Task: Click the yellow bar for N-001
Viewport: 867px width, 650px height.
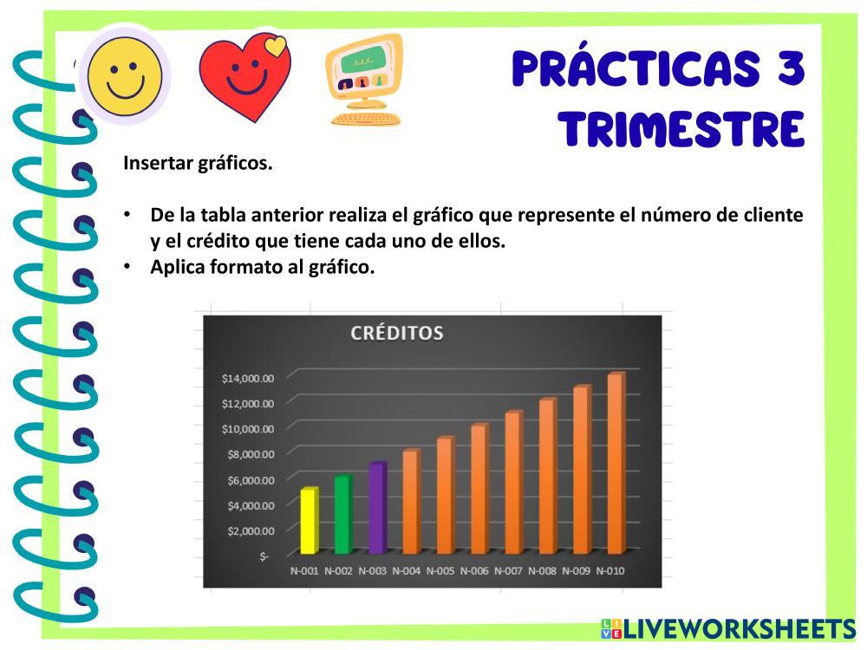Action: (310, 521)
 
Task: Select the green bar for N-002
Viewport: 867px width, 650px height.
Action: (342, 514)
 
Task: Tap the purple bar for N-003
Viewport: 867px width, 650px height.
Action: (377, 508)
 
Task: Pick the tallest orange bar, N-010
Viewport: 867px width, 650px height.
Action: (616, 463)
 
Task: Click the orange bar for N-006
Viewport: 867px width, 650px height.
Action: (479, 489)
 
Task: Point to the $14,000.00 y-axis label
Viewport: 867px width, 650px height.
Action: (248, 379)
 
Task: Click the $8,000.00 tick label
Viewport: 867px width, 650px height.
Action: (251, 454)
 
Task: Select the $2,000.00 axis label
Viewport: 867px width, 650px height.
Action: (251, 531)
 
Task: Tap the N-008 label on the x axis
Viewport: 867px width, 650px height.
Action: (542, 571)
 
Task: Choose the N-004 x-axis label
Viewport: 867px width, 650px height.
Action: (406, 571)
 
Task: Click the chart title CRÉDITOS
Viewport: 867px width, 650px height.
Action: (397, 333)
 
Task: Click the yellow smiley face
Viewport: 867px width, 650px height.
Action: (125, 75)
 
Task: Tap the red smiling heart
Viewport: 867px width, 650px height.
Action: (245, 77)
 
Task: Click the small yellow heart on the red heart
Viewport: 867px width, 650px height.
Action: (276, 45)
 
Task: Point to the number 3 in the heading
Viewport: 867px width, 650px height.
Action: (791, 69)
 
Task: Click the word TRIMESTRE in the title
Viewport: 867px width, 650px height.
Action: (681, 129)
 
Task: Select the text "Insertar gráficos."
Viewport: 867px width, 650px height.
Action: (198, 164)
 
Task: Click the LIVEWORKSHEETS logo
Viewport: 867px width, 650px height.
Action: (729, 629)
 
